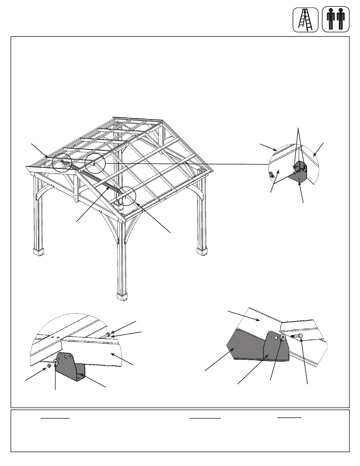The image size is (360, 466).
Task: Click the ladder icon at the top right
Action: tap(305, 20)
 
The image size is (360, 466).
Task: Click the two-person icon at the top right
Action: tap(336, 20)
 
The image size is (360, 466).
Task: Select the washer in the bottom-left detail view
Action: tap(56, 362)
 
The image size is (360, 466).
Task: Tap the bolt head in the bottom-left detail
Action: tap(108, 334)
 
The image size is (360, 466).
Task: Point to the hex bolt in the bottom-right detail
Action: tap(297, 336)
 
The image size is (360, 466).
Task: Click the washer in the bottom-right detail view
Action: tap(283, 337)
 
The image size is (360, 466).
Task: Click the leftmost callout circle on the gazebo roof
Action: tap(62, 162)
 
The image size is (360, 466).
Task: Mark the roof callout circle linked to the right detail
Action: tap(95, 163)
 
